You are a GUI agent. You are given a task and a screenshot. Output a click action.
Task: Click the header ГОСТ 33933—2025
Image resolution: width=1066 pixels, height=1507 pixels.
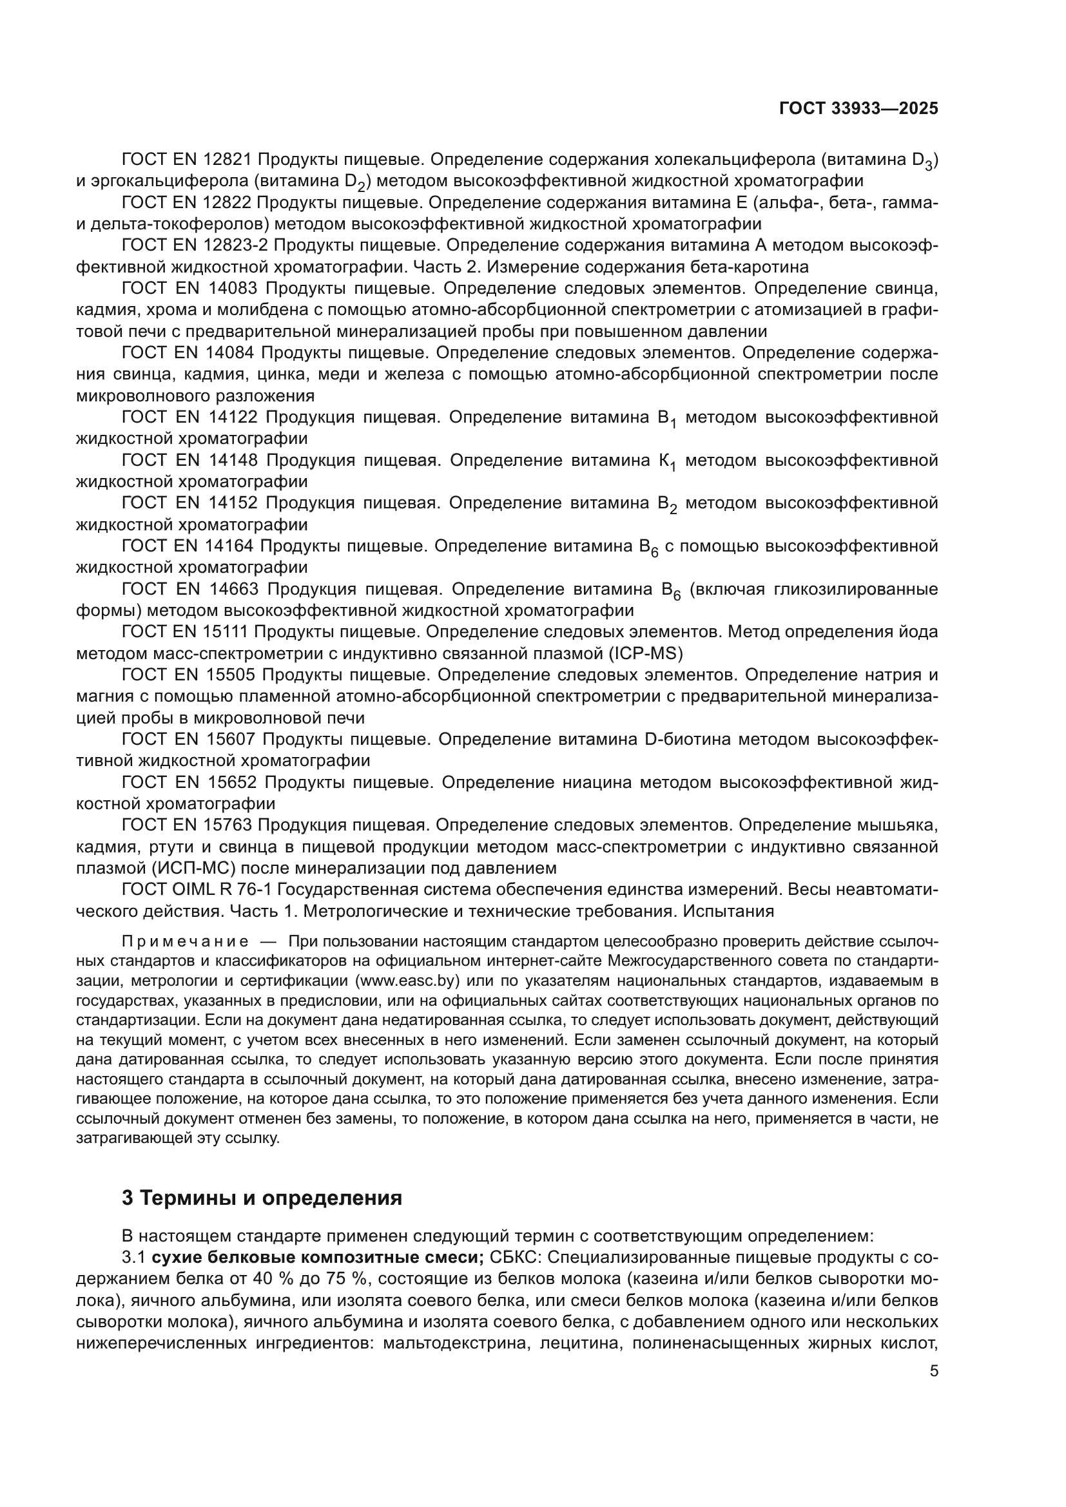[858, 109]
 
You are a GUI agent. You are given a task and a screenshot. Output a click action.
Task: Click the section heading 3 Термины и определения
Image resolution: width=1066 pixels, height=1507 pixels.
[262, 1198]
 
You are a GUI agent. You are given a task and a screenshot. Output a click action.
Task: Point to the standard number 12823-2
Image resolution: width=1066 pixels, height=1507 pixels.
[237, 245]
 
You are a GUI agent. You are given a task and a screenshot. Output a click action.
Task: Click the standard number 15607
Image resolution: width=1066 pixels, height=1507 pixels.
[229, 740]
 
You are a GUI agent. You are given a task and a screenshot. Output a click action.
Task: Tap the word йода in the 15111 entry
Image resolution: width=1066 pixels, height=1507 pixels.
[918, 632]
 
